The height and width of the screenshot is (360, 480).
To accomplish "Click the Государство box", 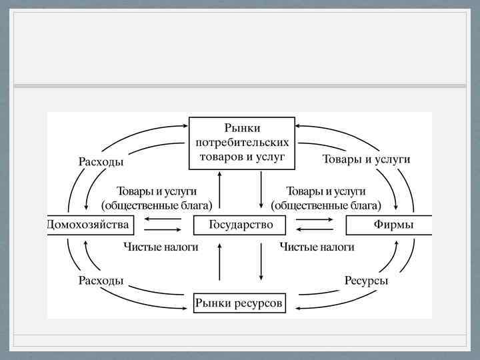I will [x=241, y=225].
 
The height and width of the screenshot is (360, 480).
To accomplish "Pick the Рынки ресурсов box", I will [x=239, y=304].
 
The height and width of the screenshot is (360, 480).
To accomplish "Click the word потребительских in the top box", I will [x=242, y=142].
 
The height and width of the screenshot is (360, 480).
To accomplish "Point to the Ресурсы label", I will [x=366, y=281].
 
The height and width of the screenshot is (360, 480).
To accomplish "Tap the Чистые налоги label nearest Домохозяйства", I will [x=161, y=247].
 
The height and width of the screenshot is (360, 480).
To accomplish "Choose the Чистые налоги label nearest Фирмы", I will [x=317, y=247].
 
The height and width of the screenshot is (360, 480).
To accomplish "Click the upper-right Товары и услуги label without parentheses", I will [x=366, y=159].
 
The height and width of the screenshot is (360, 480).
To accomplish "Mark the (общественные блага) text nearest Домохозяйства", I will [x=157, y=204].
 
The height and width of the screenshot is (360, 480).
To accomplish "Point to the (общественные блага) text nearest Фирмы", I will [x=326, y=204].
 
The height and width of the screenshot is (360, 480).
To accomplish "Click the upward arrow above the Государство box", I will [x=219, y=191].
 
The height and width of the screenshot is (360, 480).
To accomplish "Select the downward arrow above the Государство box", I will [x=261, y=191].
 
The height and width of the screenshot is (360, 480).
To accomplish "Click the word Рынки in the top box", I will [x=242, y=127].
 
